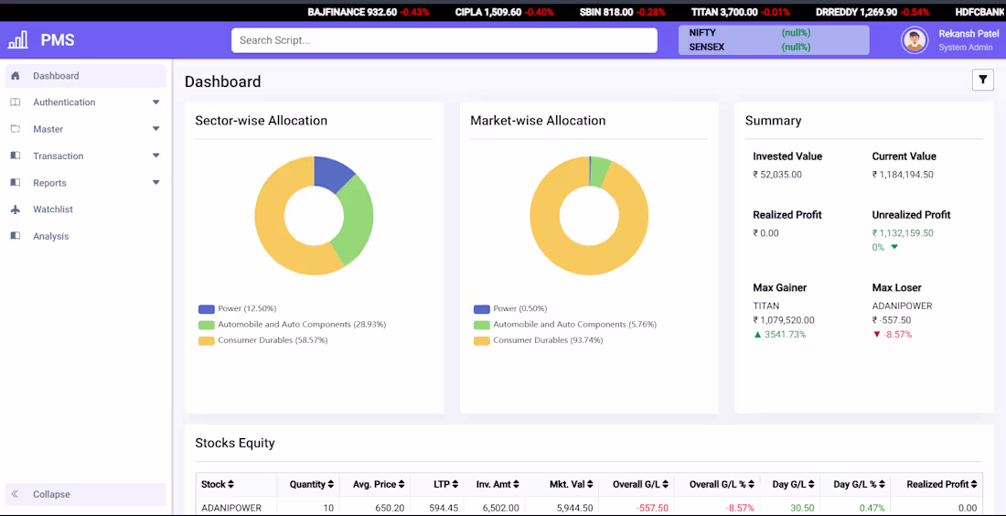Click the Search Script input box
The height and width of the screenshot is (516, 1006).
point(444,40)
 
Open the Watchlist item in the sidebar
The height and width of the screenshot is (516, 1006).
point(53,210)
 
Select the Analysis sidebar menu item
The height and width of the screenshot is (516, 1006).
point(50,236)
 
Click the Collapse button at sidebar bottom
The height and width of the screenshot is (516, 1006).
point(51,494)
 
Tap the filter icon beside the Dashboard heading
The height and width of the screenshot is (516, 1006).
point(982,81)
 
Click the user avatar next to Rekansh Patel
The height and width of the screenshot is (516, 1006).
point(914,40)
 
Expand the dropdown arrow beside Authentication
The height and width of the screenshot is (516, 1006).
point(155,102)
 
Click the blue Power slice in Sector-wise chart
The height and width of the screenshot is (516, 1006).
point(331,173)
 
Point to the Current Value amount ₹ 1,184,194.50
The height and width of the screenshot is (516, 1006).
point(905,175)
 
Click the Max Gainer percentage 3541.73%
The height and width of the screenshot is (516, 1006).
point(786,335)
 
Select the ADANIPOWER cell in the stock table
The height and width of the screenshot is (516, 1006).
point(231,508)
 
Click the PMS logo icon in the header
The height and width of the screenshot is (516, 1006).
point(18,40)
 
